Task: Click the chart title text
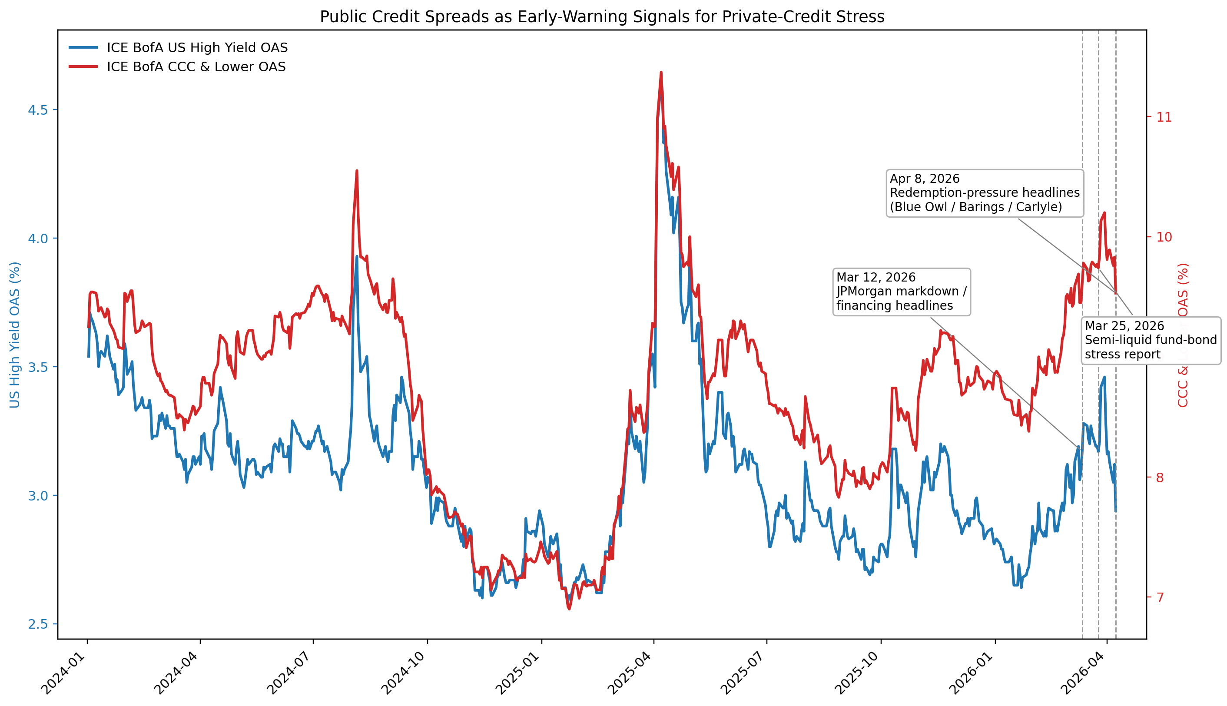coord(602,17)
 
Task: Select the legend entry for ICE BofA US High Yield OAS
coord(197,47)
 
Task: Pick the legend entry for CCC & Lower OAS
coord(196,67)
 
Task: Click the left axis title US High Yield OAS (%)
coord(15,335)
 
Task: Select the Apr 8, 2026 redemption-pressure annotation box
coord(984,193)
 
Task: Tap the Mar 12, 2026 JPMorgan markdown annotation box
coord(901,292)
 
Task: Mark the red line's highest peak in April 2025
coord(661,73)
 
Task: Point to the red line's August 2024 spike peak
coord(357,171)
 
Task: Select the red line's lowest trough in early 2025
coord(569,609)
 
